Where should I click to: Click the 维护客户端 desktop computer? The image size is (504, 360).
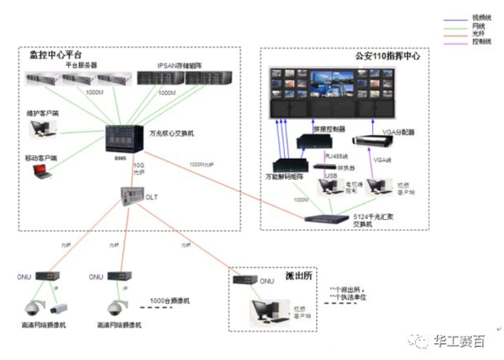click(x=42, y=128)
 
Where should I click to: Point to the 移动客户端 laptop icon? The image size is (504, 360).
click(x=43, y=171)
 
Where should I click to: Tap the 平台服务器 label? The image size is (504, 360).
click(x=81, y=64)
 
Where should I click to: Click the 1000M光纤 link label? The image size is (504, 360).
click(x=202, y=164)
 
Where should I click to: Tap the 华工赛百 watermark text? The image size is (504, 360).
click(x=459, y=342)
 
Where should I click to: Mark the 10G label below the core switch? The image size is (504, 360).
click(x=139, y=165)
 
